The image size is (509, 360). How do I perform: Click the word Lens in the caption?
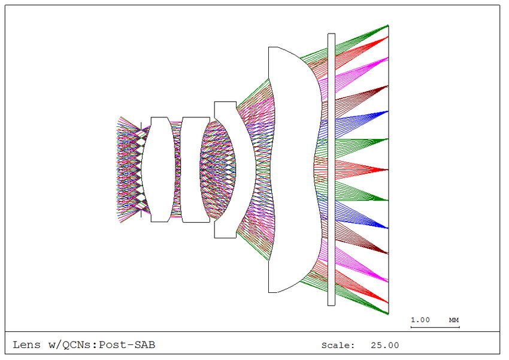tap(26, 345)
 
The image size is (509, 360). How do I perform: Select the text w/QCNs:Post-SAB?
tap(102, 345)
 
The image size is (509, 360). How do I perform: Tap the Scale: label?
tap(338, 346)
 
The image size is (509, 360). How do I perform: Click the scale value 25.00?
tap(384, 346)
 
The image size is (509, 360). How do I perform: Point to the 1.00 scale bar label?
tap(420, 320)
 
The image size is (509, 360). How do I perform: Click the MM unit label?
tap(454, 320)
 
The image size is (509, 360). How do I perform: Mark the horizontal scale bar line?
tap(435, 327)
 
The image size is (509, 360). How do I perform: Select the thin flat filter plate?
tap(331, 170)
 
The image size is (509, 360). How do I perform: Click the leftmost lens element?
tap(159, 170)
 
